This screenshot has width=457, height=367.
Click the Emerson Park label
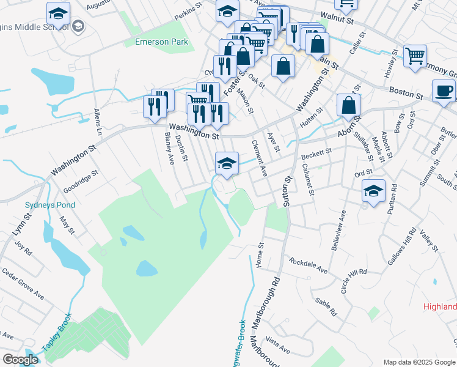(162, 42)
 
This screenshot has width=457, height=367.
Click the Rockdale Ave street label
(309, 265)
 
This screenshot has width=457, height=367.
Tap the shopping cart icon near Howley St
(415, 56)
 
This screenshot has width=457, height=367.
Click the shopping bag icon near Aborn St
(348, 105)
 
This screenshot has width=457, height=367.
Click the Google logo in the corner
(20, 360)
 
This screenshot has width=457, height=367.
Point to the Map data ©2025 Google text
(419, 362)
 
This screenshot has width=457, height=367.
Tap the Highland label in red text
(440, 306)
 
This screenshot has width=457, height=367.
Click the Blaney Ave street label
(169, 150)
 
